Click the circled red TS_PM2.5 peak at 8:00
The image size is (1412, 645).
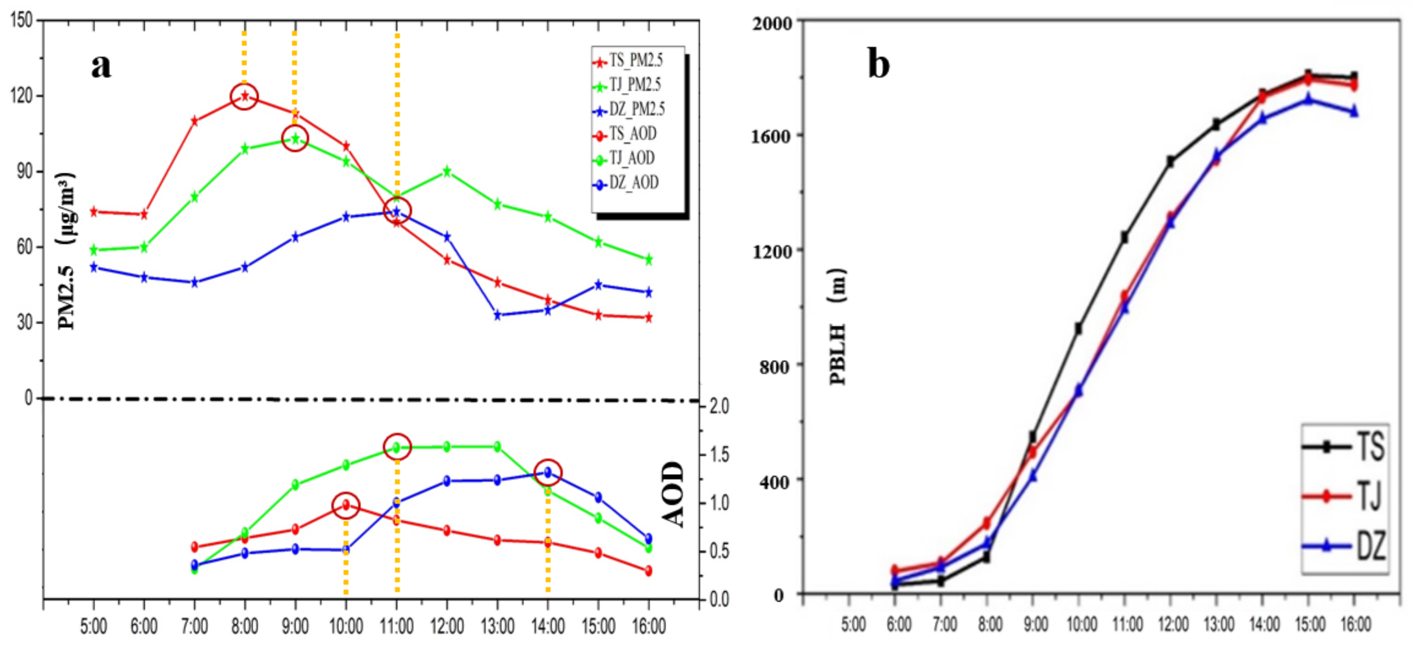[x=245, y=97]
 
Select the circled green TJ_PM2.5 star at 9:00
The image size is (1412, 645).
[x=295, y=139]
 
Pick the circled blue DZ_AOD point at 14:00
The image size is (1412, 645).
[x=548, y=472]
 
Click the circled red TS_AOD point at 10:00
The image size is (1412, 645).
[x=346, y=505]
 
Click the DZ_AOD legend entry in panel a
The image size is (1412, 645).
[x=628, y=183]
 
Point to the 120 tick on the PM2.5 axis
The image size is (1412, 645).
[x=22, y=96]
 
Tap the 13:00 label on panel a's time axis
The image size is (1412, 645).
[x=497, y=626]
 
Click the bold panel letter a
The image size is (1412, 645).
[x=101, y=66]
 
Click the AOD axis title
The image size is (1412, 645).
[x=673, y=494]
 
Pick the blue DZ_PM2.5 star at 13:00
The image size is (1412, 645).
[x=498, y=315]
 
